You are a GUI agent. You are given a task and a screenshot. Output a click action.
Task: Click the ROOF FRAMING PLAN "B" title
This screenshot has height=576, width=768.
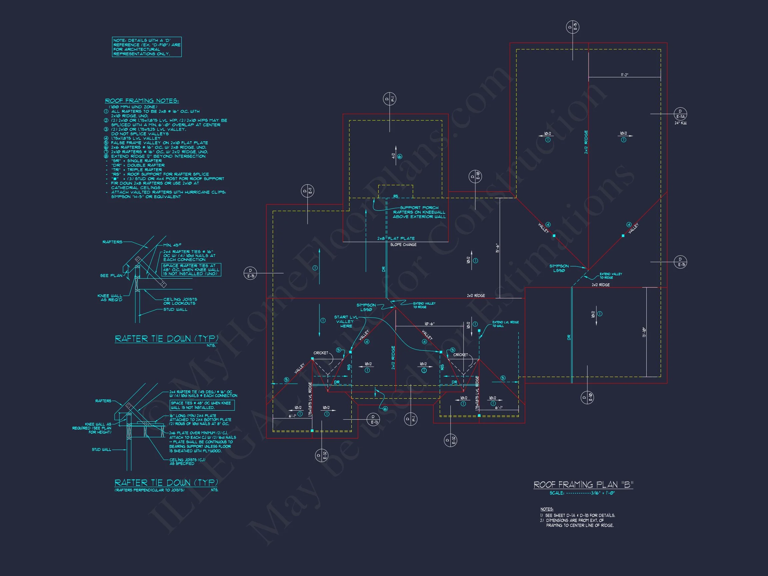click(583, 484)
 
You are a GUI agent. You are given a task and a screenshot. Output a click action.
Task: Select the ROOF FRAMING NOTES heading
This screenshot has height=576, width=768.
click(142, 101)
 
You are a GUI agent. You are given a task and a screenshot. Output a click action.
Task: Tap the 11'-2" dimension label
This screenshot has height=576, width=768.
click(624, 75)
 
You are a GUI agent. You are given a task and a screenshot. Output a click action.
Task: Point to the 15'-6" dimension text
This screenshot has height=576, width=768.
click(497, 248)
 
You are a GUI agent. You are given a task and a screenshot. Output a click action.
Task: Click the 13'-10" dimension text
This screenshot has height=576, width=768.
click(644, 333)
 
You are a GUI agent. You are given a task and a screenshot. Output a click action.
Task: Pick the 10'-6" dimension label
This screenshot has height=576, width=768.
click(429, 324)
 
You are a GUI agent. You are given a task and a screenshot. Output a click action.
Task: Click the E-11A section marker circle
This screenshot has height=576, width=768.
click(680, 114)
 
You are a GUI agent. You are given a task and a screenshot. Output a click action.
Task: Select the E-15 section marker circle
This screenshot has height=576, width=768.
click(250, 273)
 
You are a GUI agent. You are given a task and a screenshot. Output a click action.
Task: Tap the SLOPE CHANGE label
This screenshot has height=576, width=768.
click(403, 245)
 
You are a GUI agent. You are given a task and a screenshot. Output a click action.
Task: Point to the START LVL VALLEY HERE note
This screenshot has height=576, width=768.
click(345, 322)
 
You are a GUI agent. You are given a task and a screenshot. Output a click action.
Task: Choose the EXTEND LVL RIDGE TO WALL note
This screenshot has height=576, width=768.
click(505, 324)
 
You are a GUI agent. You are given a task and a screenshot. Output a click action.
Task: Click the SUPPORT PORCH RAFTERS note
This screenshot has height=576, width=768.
click(419, 212)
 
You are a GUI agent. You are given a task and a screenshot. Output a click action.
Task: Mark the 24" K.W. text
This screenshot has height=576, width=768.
click(681, 123)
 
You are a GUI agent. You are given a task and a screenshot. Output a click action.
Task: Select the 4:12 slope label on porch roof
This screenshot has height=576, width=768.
click(393, 156)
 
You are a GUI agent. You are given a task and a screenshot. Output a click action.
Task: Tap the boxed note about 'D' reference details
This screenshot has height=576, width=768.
click(147, 47)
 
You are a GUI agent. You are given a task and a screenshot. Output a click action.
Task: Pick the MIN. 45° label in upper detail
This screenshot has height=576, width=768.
click(172, 245)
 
